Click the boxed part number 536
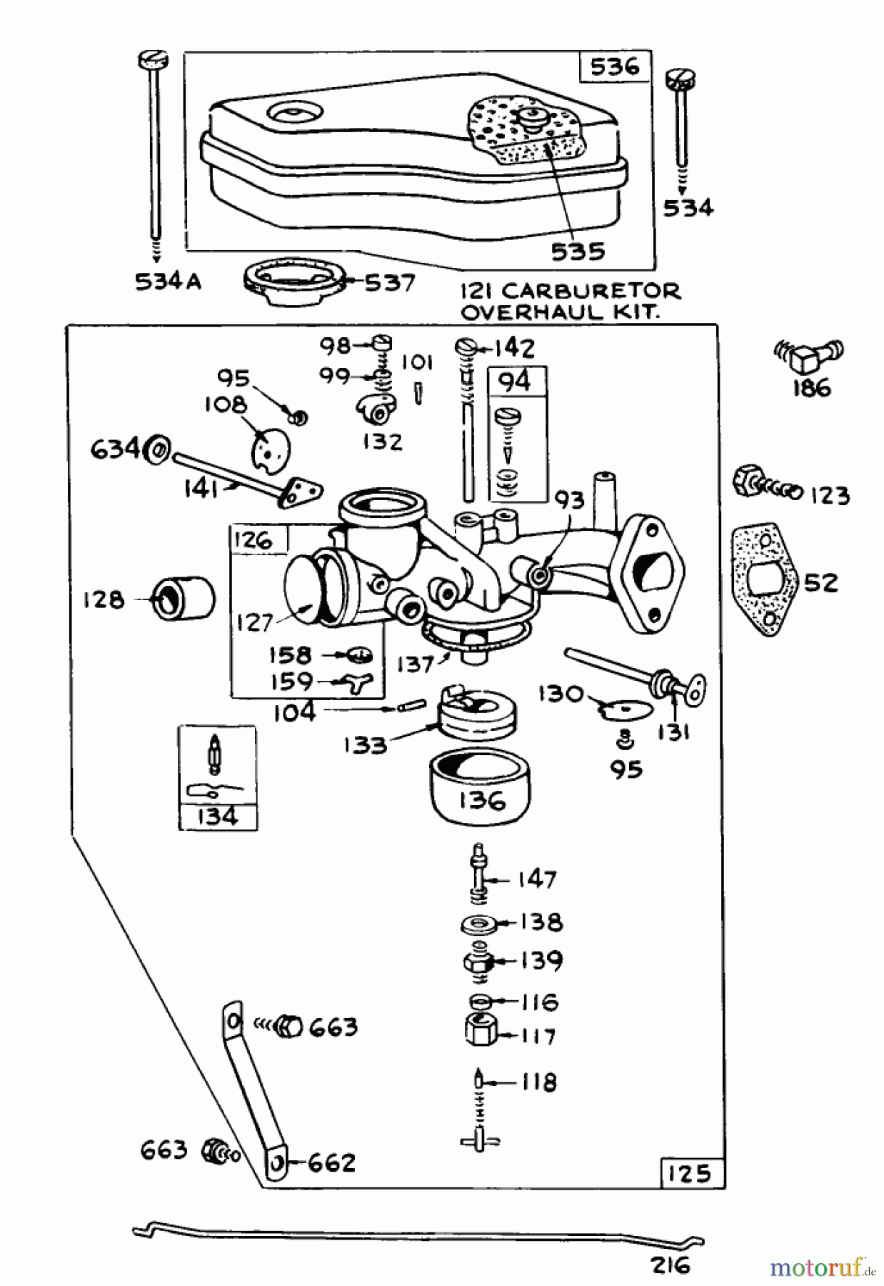click(x=614, y=67)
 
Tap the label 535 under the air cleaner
click(x=578, y=251)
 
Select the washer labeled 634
click(x=157, y=451)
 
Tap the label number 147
click(x=537, y=879)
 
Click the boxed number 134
click(x=217, y=817)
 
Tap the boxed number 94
click(x=516, y=382)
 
